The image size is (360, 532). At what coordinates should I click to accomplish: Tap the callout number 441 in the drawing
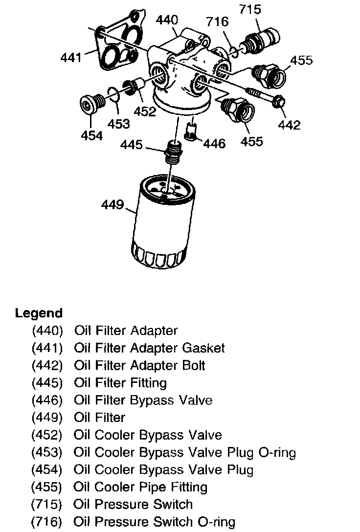(71, 58)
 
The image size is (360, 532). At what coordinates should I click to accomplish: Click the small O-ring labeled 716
(234, 51)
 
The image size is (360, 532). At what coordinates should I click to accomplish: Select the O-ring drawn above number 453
(112, 96)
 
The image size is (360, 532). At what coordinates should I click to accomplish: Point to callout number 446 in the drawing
(214, 143)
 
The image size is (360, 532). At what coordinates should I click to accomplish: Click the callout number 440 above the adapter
(167, 20)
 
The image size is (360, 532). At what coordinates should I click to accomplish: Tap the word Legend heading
(39, 313)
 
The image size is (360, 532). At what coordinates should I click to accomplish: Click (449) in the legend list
(47, 418)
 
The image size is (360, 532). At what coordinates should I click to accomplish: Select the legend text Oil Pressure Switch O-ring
(155, 522)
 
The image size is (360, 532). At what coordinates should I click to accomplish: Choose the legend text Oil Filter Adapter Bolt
(140, 365)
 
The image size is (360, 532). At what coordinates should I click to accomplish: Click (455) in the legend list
(47, 487)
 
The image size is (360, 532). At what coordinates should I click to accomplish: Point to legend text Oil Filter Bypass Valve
(143, 400)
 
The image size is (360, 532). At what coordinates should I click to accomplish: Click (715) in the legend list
(47, 504)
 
